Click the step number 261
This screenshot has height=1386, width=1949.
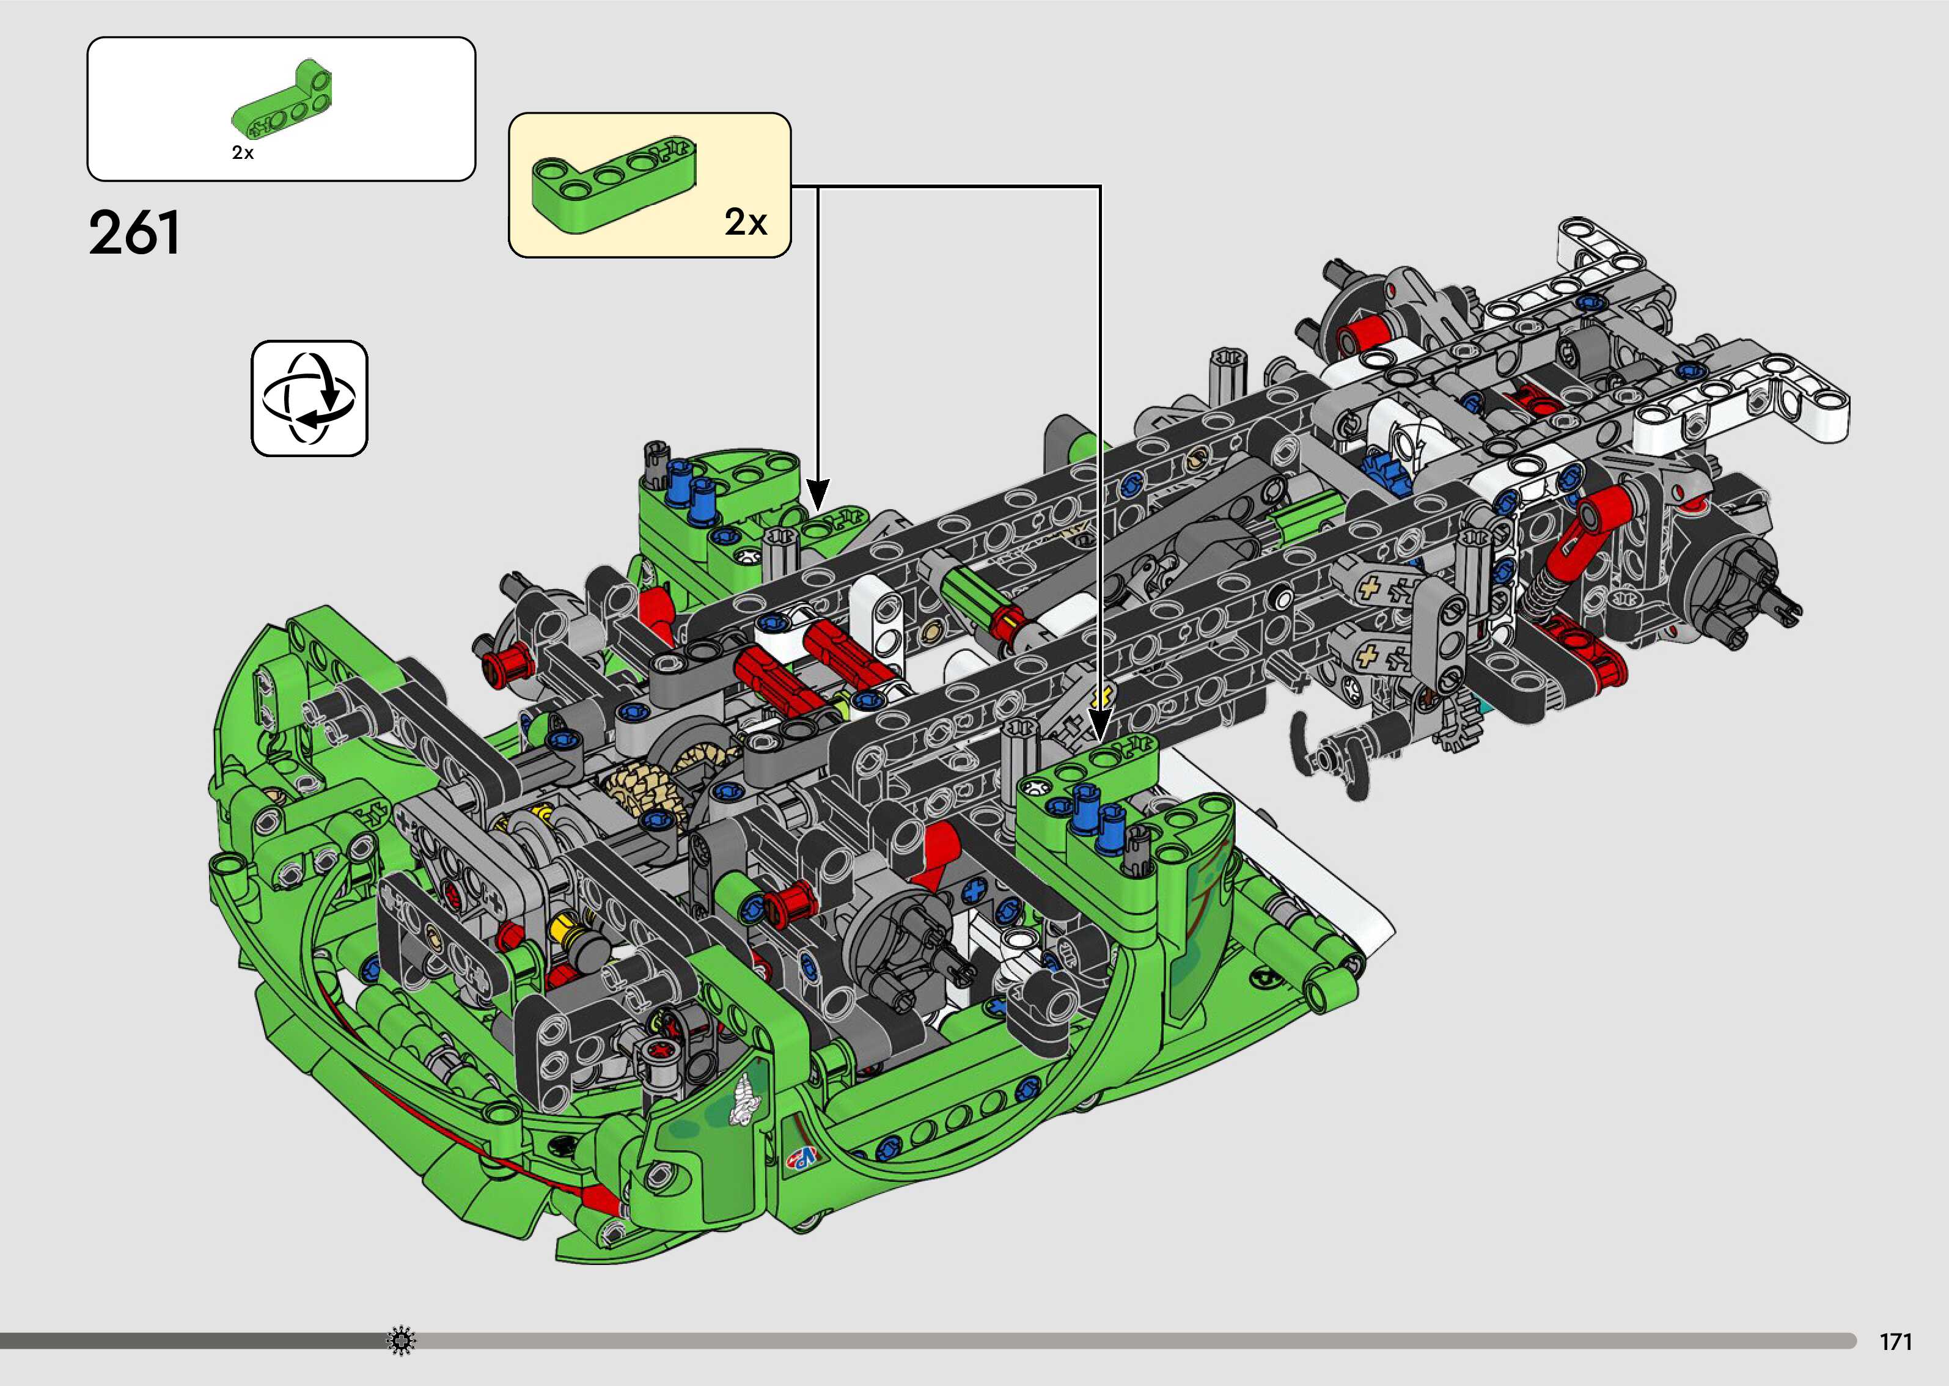pyautogui.click(x=135, y=232)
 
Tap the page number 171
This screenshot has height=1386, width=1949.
pyautogui.click(x=1896, y=1341)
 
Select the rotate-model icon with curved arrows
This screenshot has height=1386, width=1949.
pyautogui.click(x=309, y=398)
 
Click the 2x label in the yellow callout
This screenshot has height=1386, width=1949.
pyautogui.click(x=746, y=222)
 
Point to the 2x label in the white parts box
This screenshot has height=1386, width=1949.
pyautogui.click(x=243, y=153)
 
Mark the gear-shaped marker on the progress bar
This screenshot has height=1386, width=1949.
pyautogui.click(x=401, y=1341)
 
